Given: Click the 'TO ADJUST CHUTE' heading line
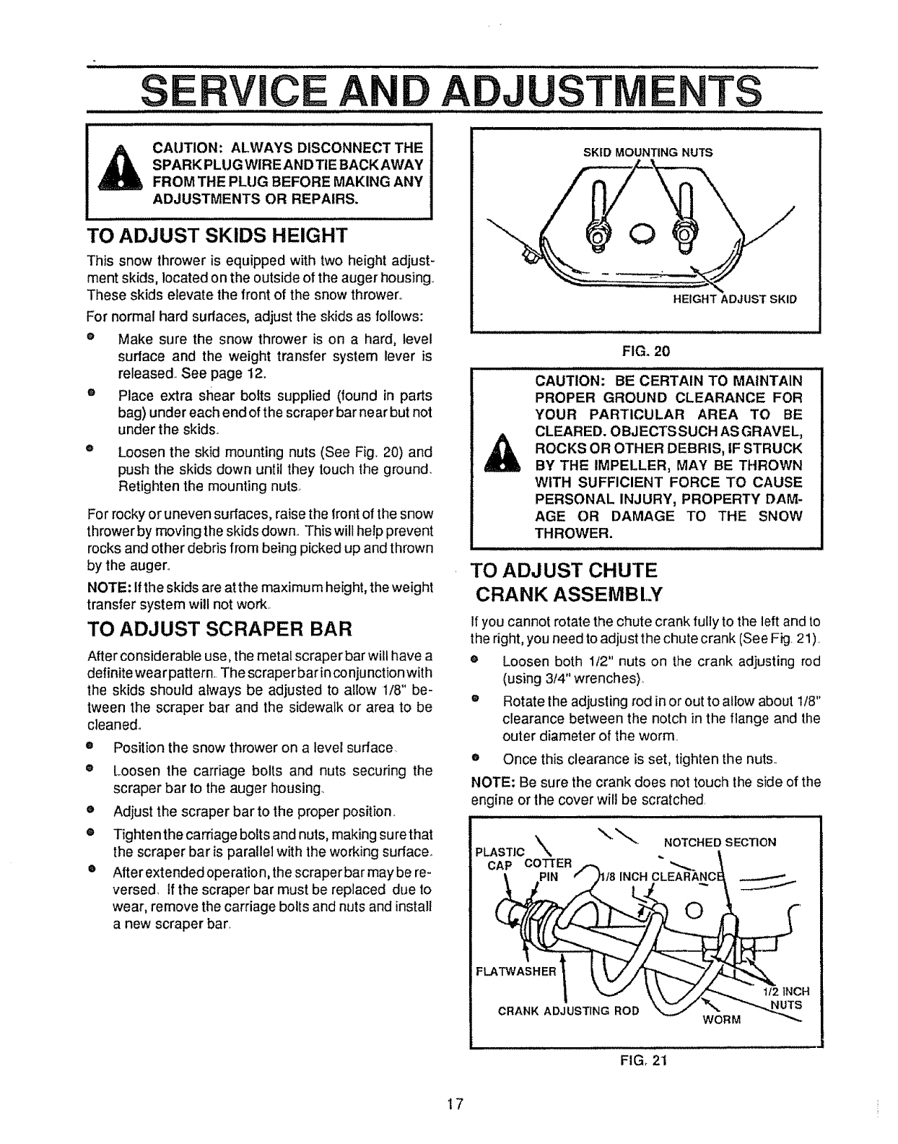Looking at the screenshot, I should (x=564, y=571).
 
